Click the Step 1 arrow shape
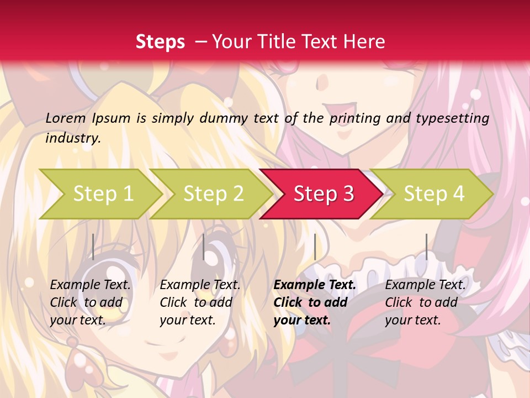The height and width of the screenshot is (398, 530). coord(103,194)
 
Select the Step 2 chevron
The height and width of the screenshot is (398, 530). coord(213,194)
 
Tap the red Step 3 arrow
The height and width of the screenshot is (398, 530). coord(324,194)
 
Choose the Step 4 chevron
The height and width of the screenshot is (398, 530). coord(434,194)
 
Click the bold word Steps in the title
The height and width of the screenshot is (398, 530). coord(160,41)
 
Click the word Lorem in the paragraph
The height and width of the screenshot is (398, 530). coord(66,118)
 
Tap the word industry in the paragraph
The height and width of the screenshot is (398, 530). coord(73,138)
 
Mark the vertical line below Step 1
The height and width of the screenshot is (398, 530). coord(93,247)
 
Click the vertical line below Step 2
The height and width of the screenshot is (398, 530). coord(204,247)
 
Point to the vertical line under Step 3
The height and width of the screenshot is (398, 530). coord(315,247)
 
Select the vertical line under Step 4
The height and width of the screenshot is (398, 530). coord(426,247)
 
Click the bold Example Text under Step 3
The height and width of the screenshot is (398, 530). coord(315,285)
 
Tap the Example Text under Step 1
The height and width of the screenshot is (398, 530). coord(91,285)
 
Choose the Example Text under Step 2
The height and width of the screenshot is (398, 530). coord(200,285)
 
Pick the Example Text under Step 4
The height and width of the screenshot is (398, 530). coord(426,285)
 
